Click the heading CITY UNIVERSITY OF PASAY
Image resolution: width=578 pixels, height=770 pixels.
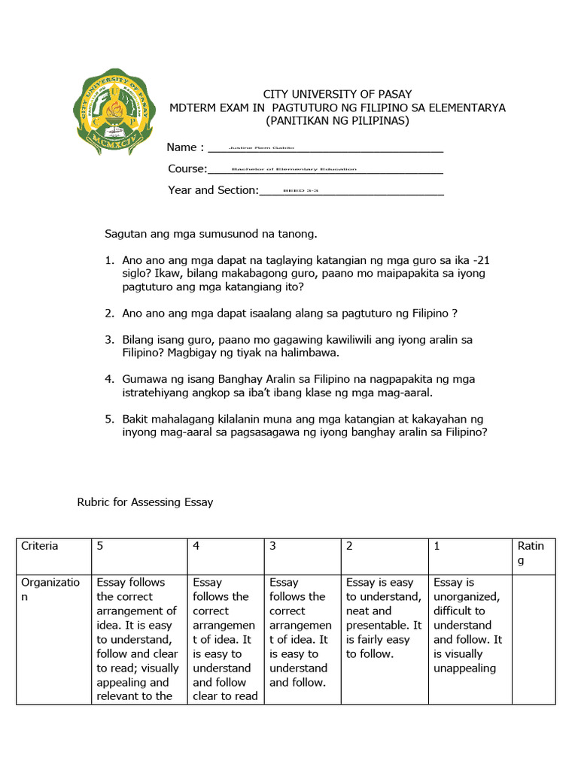pyautogui.click(x=337, y=94)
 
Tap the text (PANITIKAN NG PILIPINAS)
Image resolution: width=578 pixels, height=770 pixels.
pyautogui.click(x=337, y=121)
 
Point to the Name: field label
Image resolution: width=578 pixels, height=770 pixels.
pyautogui.click(x=185, y=147)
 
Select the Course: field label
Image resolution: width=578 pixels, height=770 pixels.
pyautogui.click(x=187, y=168)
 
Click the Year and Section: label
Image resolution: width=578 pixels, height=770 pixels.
pyautogui.click(x=213, y=190)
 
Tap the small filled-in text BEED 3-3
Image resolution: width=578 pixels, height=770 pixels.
pyautogui.click(x=300, y=191)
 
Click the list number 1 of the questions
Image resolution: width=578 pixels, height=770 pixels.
pyautogui.click(x=109, y=260)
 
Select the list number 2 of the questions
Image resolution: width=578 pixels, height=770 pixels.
pyautogui.click(x=109, y=313)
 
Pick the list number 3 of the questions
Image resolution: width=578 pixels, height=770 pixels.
pyautogui.click(x=109, y=340)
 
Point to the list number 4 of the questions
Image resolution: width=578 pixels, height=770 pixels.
pyautogui.click(x=109, y=379)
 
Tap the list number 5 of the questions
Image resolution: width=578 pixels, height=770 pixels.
pyautogui.click(x=109, y=419)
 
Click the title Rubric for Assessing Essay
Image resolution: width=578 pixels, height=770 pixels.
pyautogui.click(x=145, y=502)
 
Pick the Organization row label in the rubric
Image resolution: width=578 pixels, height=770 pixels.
pyautogui.click(x=50, y=589)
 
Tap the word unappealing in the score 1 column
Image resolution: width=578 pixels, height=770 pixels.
pyautogui.click(x=464, y=668)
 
